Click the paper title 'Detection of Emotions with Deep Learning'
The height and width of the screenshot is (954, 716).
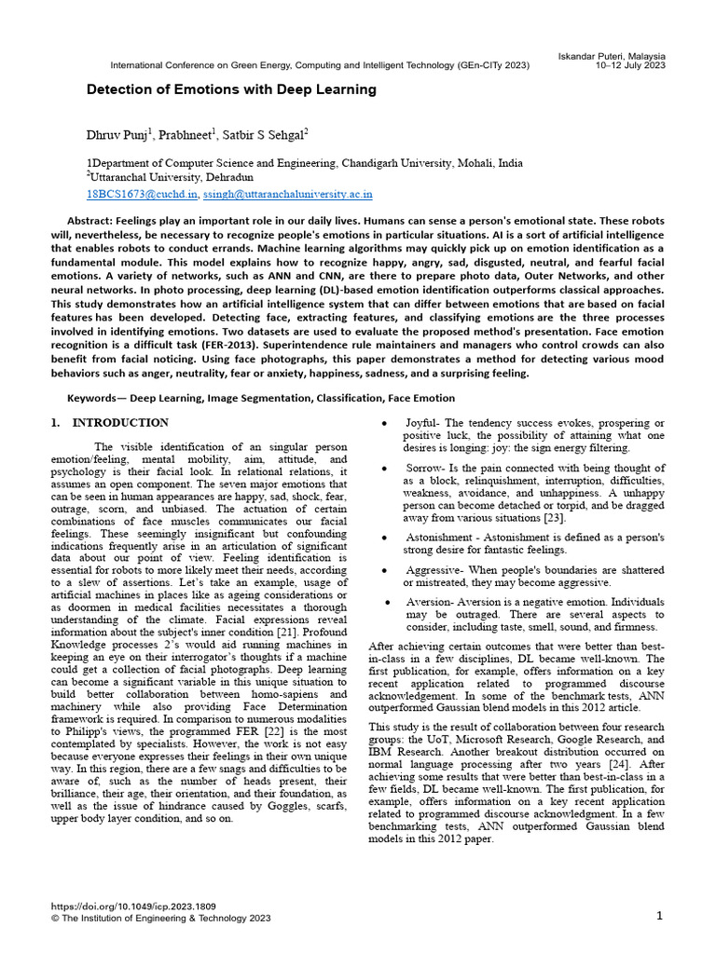pyautogui.click(x=231, y=90)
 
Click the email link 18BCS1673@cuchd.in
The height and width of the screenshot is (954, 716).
pyautogui.click(x=142, y=195)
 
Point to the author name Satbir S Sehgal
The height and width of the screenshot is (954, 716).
pyautogui.click(x=266, y=135)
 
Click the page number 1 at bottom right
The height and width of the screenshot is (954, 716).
pyautogui.click(x=659, y=916)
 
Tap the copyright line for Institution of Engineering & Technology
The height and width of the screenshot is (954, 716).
pyautogui.click(x=159, y=918)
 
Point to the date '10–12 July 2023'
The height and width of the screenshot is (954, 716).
pyautogui.click(x=630, y=66)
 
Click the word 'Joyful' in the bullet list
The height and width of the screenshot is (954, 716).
pyautogui.click(x=421, y=424)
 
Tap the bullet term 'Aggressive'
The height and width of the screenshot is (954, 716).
pyautogui.click(x=434, y=568)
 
